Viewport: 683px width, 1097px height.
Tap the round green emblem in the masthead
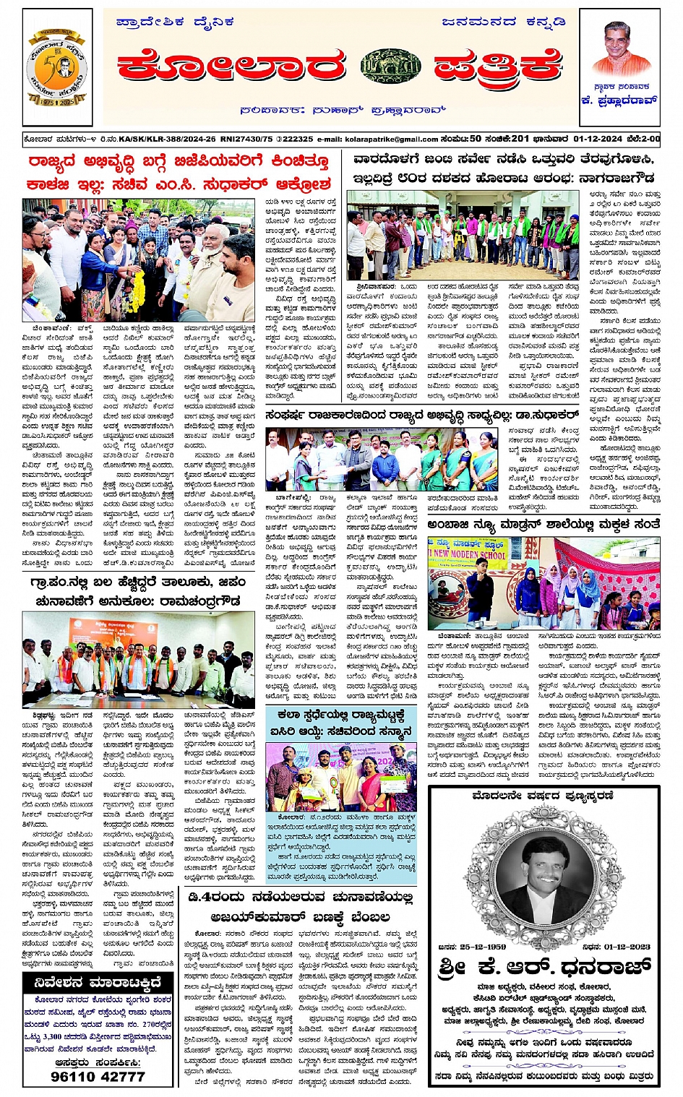(390, 66)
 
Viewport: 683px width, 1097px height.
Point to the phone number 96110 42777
(98, 1075)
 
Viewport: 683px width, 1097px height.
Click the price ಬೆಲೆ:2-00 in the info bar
(643, 138)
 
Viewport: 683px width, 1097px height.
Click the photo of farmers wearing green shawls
(463, 235)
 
